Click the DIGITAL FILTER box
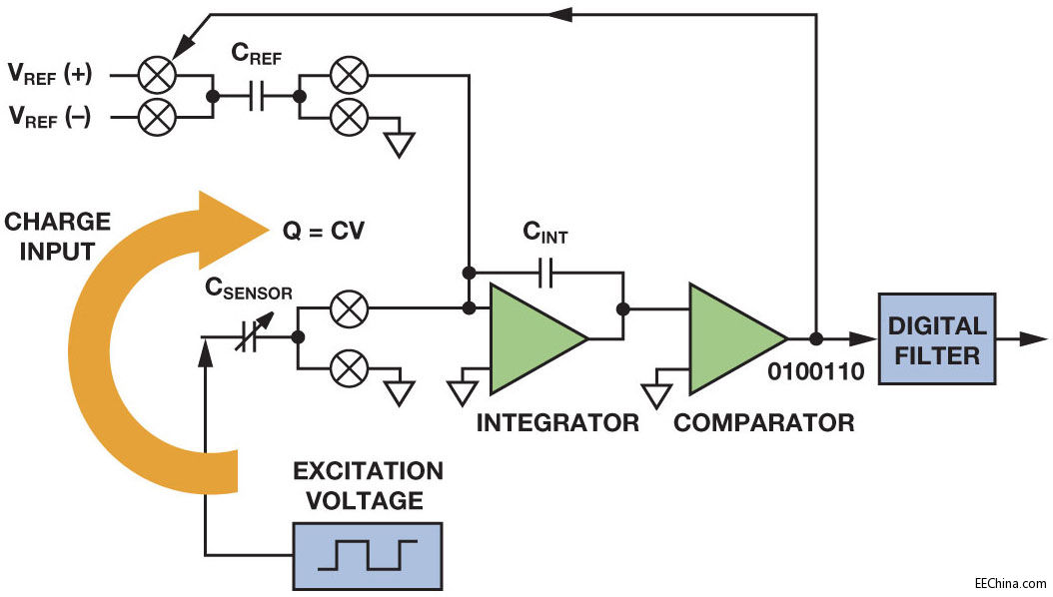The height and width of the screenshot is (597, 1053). click(x=936, y=338)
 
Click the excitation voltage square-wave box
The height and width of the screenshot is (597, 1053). click(x=367, y=554)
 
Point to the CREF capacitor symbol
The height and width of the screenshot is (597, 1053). click(x=256, y=97)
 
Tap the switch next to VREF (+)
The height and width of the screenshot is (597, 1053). click(x=156, y=75)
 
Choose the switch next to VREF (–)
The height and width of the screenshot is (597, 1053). click(x=156, y=118)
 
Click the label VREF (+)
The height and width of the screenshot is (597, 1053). click(x=50, y=75)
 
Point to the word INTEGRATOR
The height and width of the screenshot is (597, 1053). click(x=557, y=422)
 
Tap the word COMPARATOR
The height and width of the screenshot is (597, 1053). click(x=764, y=422)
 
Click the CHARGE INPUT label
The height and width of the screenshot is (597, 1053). click(x=57, y=237)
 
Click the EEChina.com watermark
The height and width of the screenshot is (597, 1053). click(x=1011, y=583)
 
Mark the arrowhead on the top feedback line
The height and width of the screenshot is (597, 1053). click(x=560, y=14)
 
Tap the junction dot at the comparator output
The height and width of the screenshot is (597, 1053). click(x=816, y=338)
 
